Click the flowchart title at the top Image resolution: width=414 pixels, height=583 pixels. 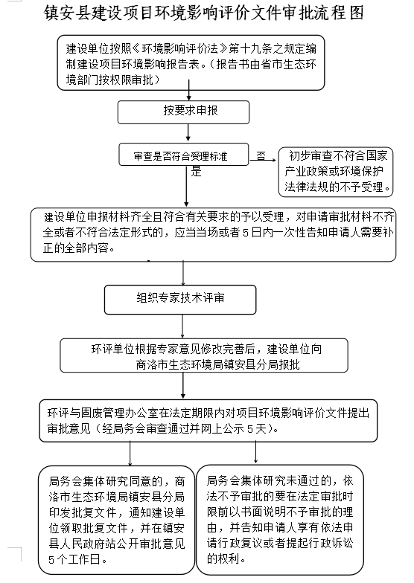pyautogui.click(x=204, y=13)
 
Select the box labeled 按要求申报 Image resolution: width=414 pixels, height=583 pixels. pyautogui.click(x=183, y=112)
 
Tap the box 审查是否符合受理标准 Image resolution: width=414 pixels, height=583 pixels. pyautogui.click(x=183, y=155)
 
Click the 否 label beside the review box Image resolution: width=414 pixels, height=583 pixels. pyautogui.click(x=261, y=155)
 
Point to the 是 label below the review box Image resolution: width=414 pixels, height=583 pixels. pyautogui.click(x=197, y=171)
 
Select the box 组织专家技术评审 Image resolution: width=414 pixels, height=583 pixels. pyautogui.click(x=180, y=300)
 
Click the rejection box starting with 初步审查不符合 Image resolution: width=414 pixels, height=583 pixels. pyautogui.click(x=336, y=171)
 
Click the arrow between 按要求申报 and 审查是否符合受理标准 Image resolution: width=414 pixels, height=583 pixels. pyautogui.click(x=188, y=132)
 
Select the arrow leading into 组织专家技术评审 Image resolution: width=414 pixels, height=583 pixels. pyautogui.click(x=183, y=274)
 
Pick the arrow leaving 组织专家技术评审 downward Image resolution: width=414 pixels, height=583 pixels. pyautogui.click(x=182, y=326)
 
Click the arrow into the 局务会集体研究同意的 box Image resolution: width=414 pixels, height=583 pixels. pyautogui.click(x=130, y=454)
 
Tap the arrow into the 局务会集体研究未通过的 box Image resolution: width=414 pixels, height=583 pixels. pyautogui.click(x=256, y=452)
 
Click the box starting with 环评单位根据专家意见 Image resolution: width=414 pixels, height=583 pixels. pyautogui.click(x=204, y=355)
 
